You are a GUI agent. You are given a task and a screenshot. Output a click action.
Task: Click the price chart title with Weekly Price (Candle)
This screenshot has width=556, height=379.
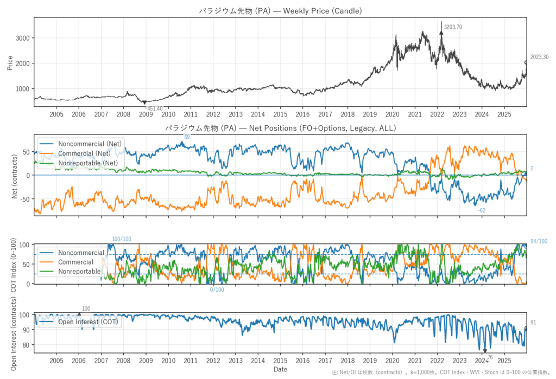click(280, 10)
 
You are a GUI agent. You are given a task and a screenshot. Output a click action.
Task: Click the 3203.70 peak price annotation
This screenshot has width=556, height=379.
click(453, 27)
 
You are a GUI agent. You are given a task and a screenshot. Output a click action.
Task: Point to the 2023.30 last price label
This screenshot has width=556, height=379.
click(539, 57)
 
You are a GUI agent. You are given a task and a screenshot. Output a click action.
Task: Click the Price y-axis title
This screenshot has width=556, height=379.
click(10, 62)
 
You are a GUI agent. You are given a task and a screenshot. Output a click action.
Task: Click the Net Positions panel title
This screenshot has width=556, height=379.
click(280, 129)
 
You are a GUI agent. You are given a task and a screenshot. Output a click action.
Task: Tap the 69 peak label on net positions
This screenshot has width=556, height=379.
click(187, 137)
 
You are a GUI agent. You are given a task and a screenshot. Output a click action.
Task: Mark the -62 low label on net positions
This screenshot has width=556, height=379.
click(482, 210)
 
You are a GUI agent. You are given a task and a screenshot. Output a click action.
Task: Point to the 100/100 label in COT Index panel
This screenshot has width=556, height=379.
click(122, 239)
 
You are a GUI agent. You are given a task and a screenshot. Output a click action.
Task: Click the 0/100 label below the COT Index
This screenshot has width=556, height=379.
click(217, 290)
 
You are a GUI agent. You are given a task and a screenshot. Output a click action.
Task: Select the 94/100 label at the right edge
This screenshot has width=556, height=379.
click(539, 241)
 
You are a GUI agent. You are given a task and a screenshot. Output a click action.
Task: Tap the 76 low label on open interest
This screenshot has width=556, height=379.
click(489, 357)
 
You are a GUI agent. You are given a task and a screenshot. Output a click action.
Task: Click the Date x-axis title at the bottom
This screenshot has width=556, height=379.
click(280, 369)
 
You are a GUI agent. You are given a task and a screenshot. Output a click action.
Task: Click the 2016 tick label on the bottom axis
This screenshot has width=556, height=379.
click(302, 360)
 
